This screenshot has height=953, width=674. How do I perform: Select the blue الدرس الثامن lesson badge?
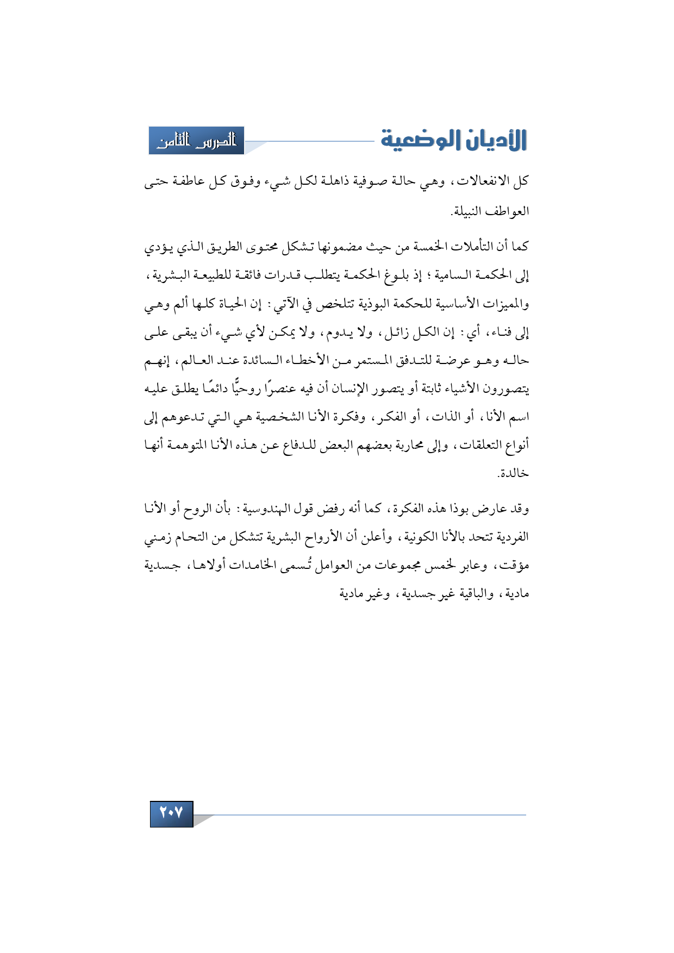196,141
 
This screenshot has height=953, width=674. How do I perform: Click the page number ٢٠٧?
171,813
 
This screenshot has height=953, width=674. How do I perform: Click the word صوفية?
378,181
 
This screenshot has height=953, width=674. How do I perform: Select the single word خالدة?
513,473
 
